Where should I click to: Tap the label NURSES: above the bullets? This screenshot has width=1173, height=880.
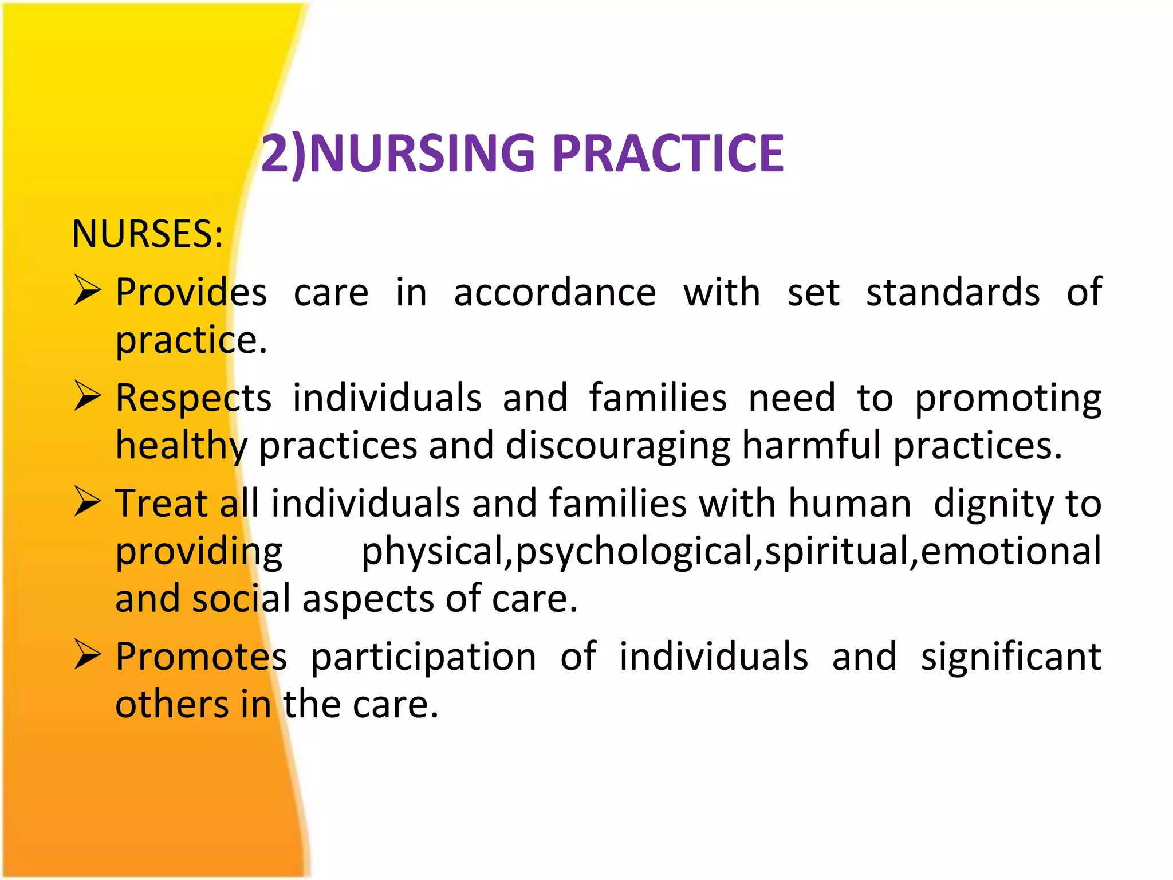(x=147, y=234)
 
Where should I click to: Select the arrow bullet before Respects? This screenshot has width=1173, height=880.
(x=87, y=396)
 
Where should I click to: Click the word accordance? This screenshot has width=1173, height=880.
(x=554, y=293)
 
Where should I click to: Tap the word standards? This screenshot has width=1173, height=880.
(x=952, y=293)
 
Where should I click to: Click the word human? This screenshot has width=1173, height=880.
(x=849, y=504)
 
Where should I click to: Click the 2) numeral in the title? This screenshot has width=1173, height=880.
(x=284, y=154)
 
